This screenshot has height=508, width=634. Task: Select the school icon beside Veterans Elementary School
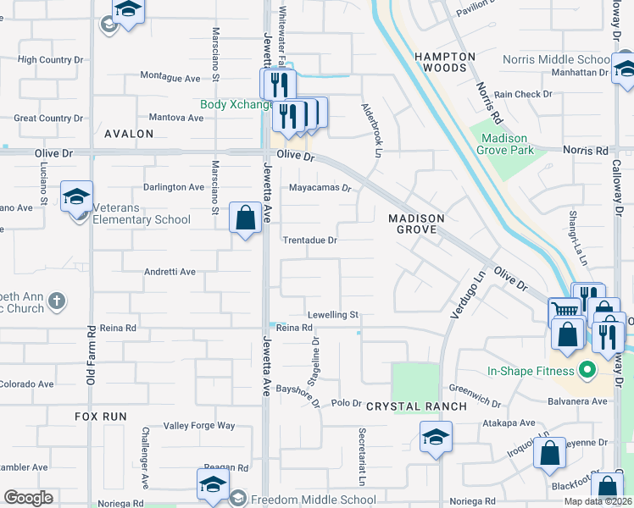click(x=76, y=197)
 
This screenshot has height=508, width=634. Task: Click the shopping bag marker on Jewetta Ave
click(x=245, y=218)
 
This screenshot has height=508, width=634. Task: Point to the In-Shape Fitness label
click(x=530, y=371)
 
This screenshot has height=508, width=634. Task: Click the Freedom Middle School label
click(x=314, y=500)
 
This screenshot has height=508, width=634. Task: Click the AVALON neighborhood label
click(x=129, y=134)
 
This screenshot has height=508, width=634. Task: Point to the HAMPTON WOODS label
click(x=445, y=61)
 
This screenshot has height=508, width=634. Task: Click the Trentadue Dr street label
click(x=309, y=240)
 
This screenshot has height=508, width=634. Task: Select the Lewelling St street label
click(x=333, y=315)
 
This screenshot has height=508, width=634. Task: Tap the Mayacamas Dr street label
click(x=320, y=188)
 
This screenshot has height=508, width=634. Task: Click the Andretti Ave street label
click(x=170, y=272)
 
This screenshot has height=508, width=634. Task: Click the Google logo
click(x=28, y=498)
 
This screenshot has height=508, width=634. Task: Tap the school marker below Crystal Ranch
click(x=436, y=437)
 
